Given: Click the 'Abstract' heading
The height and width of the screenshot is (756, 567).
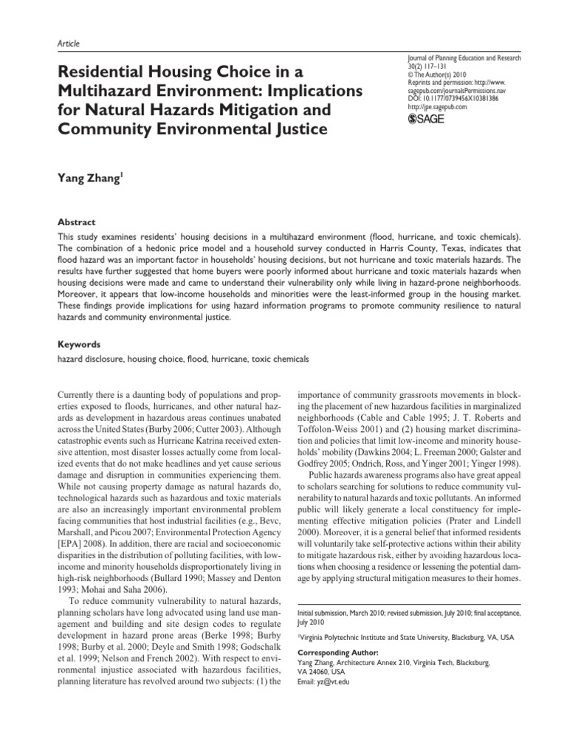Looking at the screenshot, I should point(77,221).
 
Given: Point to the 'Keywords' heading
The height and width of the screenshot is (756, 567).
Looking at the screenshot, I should point(79,344).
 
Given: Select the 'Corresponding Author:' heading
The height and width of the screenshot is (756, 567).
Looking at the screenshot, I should point(337,653).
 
